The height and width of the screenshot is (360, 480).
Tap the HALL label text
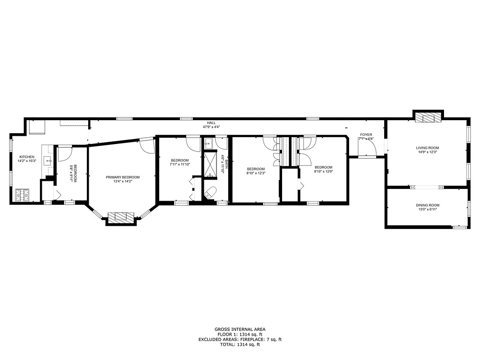(x=211, y=123)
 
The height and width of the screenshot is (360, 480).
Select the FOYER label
(x=366, y=135)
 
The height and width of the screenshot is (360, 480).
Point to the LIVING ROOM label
(x=427, y=148)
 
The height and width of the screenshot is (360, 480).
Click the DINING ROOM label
(x=427, y=205)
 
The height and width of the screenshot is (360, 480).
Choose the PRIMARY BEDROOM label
(x=123, y=177)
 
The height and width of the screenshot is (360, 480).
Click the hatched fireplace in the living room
(x=428, y=118)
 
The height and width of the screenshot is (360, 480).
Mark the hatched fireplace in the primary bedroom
(x=121, y=217)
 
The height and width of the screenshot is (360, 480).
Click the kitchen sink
(x=47, y=160)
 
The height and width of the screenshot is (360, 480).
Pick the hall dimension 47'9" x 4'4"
(x=211, y=127)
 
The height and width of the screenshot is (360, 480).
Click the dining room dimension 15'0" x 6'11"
(x=427, y=209)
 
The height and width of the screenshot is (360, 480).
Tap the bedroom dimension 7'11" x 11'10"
(x=179, y=164)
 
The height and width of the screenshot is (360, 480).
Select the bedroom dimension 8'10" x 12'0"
(x=323, y=171)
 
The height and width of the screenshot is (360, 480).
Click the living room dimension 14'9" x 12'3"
(x=427, y=152)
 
